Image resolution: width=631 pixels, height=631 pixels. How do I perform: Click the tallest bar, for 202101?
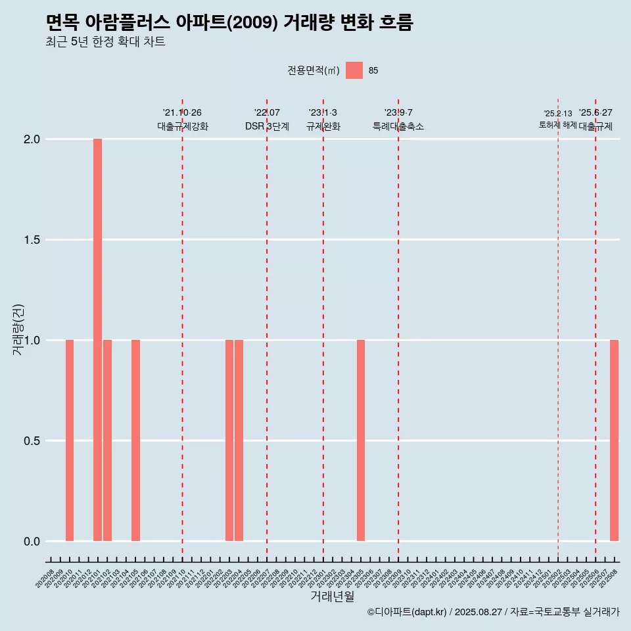(x=97, y=340)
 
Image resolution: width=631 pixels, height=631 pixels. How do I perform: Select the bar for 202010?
(x=70, y=440)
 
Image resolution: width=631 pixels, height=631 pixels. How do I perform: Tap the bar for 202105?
(x=135, y=440)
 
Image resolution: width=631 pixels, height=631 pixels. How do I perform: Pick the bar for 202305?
(x=361, y=440)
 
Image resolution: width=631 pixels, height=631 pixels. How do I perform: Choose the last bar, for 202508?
(x=614, y=440)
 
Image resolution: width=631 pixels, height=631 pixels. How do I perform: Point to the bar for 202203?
(x=229, y=440)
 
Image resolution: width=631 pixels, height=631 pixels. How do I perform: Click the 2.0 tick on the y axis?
(x=32, y=139)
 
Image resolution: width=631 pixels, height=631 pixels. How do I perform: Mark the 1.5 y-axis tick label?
(x=32, y=240)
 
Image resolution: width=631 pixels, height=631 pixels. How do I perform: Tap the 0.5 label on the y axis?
(x=32, y=441)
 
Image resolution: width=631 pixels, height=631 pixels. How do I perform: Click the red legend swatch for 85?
(x=354, y=70)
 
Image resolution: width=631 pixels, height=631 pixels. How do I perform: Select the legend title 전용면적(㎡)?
(x=314, y=71)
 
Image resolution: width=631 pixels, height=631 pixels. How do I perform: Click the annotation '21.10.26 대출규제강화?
(x=182, y=120)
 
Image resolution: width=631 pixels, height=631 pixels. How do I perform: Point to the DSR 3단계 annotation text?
(x=267, y=126)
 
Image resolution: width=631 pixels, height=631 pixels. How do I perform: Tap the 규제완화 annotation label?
(x=323, y=126)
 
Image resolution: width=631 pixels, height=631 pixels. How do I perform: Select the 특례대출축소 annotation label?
(x=398, y=126)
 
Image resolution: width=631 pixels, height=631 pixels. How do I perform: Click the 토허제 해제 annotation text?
(x=558, y=125)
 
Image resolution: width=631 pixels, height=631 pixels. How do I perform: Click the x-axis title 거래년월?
(x=332, y=597)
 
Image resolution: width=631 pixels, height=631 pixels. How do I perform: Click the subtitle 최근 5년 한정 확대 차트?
(x=105, y=42)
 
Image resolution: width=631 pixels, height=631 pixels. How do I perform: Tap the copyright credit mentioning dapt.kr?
(x=493, y=612)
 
